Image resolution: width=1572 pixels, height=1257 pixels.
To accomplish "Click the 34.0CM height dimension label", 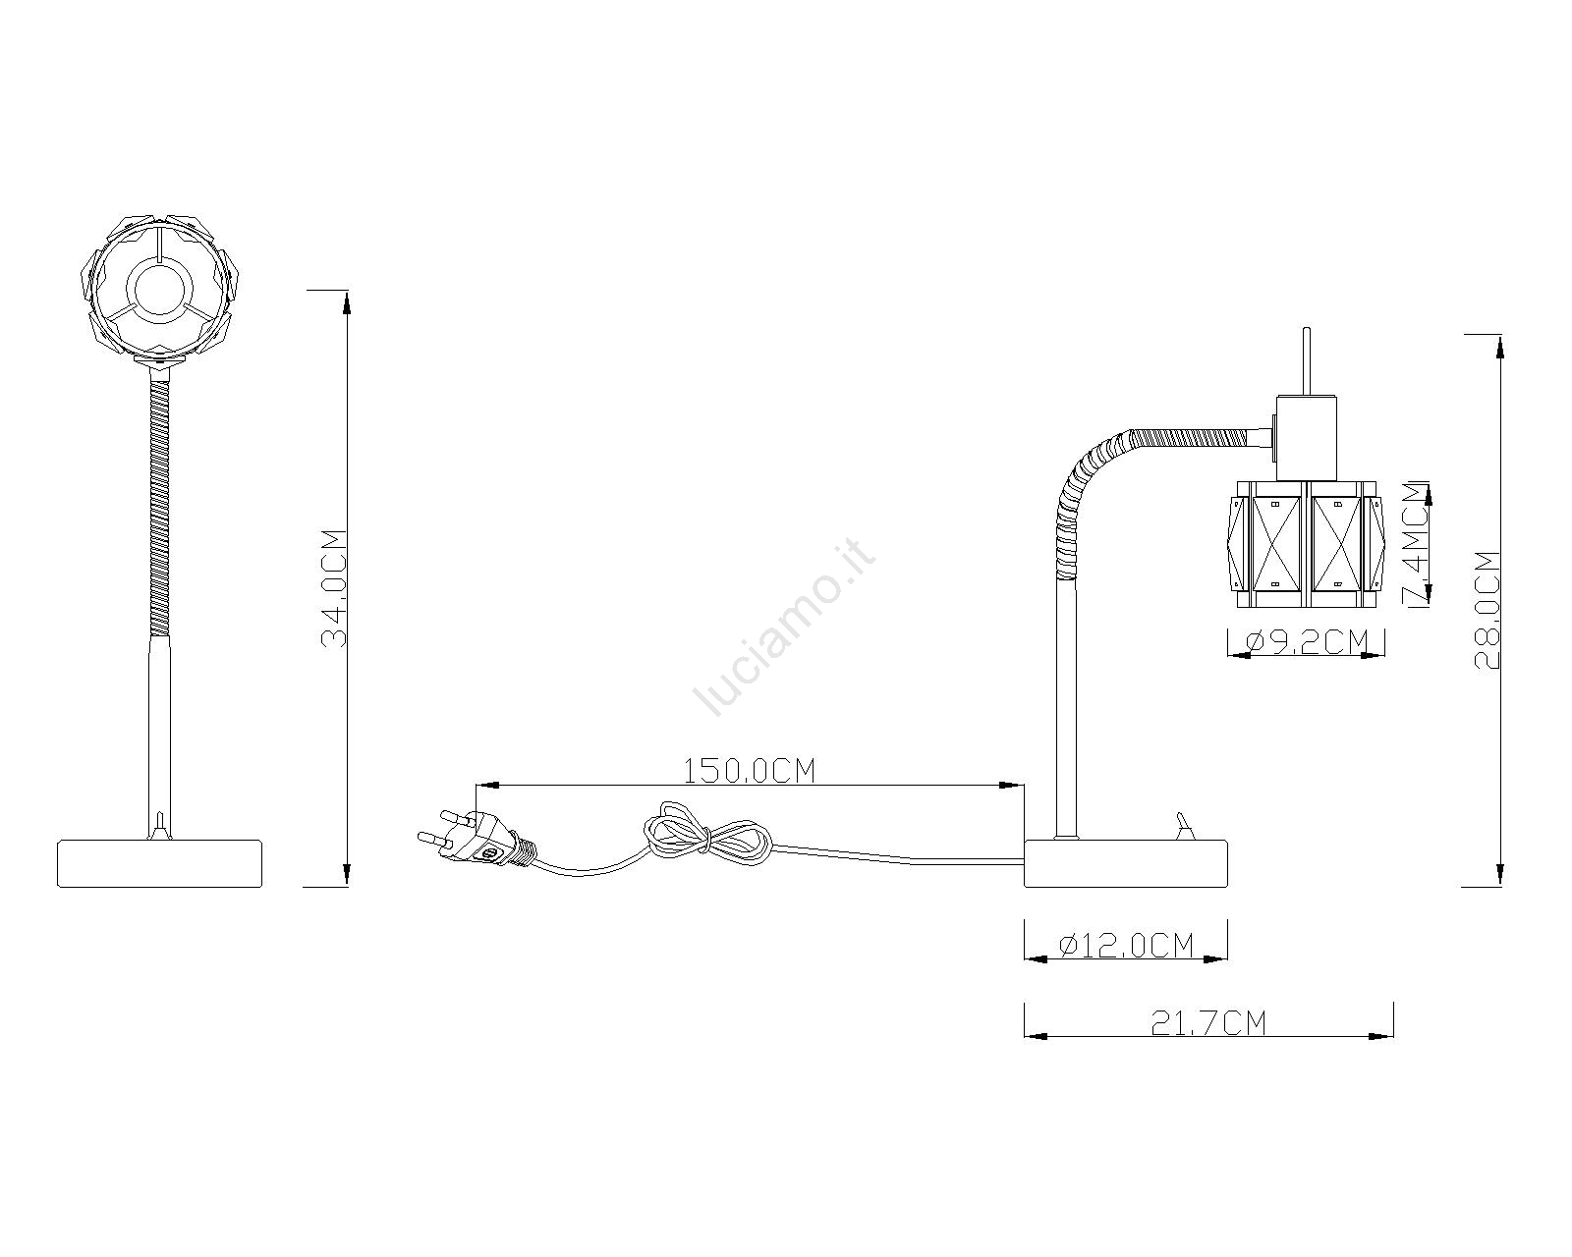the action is pyautogui.click(x=334, y=588).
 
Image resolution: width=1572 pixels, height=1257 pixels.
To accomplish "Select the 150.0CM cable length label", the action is pyautogui.click(x=749, y=771).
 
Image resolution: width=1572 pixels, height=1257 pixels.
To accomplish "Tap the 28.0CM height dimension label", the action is pyautogui.click(x=1487, y=610).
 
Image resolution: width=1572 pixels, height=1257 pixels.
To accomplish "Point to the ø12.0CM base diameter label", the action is pyautogui.click(x=1126, y=945).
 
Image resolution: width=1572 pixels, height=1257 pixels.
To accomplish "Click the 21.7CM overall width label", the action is pyautogui.click(x=1208, y=1023).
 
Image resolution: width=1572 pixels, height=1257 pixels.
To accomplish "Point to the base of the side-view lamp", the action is pyautogui.click(x=1126, y=864).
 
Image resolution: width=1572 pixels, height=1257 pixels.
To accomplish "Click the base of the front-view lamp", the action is pyautogui.click(x=159, y=864).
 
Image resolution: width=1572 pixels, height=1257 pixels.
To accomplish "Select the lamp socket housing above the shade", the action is pyautogui.click(x=1307, y=438).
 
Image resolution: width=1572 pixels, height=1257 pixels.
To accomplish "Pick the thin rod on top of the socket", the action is pyautogui.click(x=1307, y=361).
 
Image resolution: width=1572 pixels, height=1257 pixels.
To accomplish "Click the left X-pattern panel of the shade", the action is pyautogui.click(x=1276, y=543).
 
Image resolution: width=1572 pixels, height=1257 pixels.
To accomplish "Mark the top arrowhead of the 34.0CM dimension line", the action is pyautogui.click(x=346, y=301).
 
